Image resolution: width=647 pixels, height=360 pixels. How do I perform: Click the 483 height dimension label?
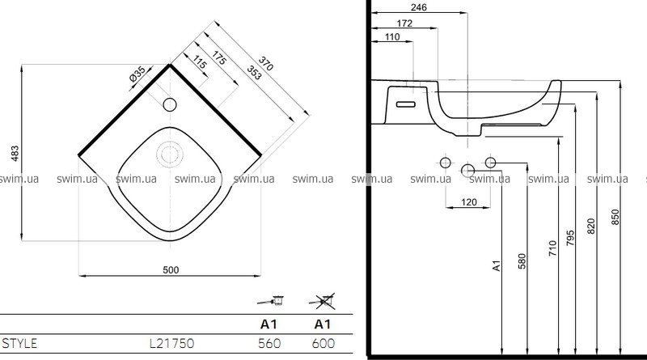15,154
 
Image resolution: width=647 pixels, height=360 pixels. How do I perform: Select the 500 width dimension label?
171,270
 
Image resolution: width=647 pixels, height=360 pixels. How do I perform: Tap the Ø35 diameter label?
137,74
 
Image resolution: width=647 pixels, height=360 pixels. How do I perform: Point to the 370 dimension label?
266,63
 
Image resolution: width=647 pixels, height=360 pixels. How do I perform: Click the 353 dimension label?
254,73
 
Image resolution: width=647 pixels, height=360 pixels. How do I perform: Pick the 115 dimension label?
200,62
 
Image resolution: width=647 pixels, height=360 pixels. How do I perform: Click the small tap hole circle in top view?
170,105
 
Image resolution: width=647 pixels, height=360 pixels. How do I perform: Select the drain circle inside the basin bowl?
170,154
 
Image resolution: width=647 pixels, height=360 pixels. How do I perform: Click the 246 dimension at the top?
419,7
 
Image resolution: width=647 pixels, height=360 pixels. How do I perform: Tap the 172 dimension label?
404,23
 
